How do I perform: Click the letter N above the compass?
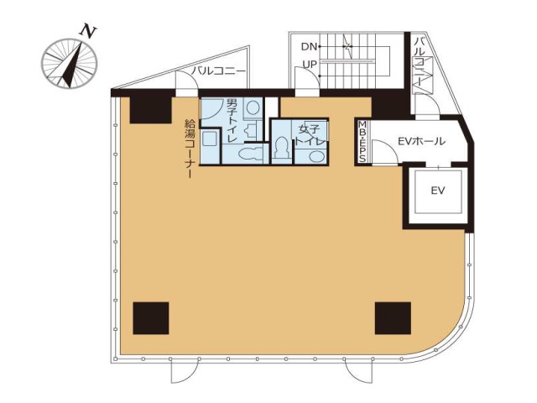click(x=88, y=31)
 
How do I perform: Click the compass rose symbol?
click(x=70, y=64)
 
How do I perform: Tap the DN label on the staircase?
click(x=309, y=46)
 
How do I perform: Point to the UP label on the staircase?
click(x=310, y=65)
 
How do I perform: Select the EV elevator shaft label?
click(x=438, y=191)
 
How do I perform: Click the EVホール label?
click(x=421, y=141)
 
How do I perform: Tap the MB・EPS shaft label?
click(x=362, y=142)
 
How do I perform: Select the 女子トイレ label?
click(x=310, y=135)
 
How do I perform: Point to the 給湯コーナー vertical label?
click(x=189, y=148)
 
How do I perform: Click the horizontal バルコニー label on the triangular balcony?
click(x=218, y=71)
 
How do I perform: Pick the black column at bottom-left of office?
click(x=151, y=318)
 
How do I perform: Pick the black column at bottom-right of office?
click(x=393, y=318)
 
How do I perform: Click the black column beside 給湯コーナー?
click(x=151, y=110)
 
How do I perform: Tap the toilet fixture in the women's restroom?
click(x=282, y=148)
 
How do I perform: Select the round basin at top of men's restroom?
click(x=253, y=108)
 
